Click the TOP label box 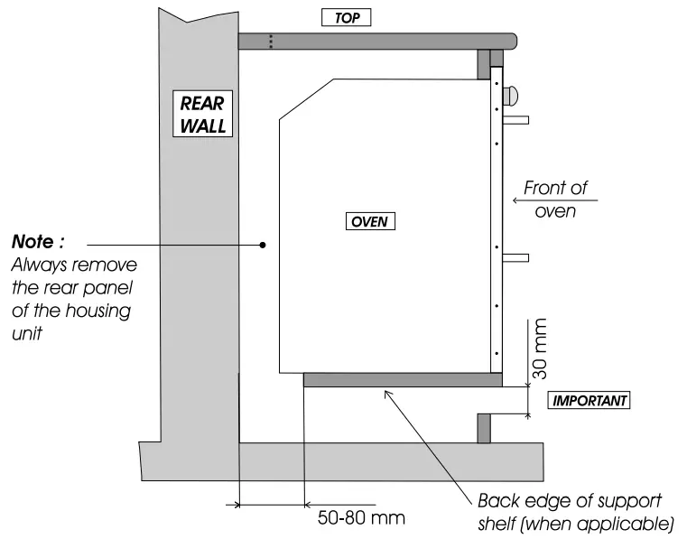[346, 18]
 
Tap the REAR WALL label [203, 115]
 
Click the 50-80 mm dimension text [362, 518]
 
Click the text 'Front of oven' [556, 200]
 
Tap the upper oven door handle [515, 118]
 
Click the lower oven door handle [515, 258]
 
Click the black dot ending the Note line [262, 244]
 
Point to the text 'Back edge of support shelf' [570, 502]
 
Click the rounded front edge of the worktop [512, 40]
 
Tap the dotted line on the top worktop [269, 40]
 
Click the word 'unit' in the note [25, 332]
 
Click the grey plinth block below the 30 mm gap [484, 428]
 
